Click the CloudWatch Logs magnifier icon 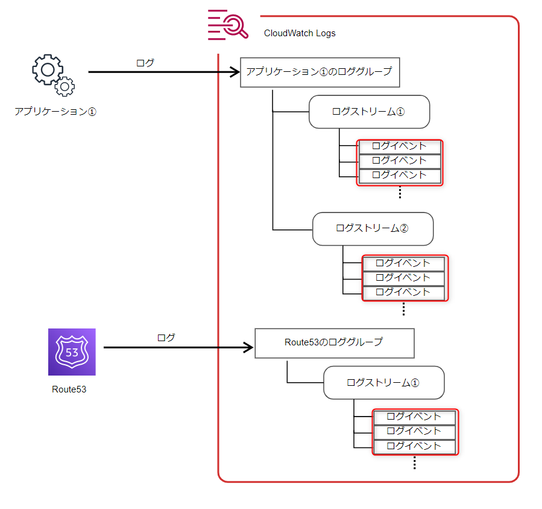pos(228,25)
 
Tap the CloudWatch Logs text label pos(300,33)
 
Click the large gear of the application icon pos(48,69)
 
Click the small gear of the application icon pos(65,86)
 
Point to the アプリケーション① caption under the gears pos(55,112)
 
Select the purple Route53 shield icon pos(72,352)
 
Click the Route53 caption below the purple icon pos(69,389)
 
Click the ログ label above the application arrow pos(145,63)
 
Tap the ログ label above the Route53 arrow pos(166,338)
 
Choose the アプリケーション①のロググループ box pos(320,72)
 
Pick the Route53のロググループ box pos(335,343)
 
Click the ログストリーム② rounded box pos(373,229)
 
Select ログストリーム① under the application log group pos(369,112)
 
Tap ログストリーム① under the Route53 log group pos(384,383)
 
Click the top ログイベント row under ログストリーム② pos(403,263)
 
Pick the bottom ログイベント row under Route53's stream pos(414,446)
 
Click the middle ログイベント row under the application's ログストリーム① pos(400,161)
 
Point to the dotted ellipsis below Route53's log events pos(415,463)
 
